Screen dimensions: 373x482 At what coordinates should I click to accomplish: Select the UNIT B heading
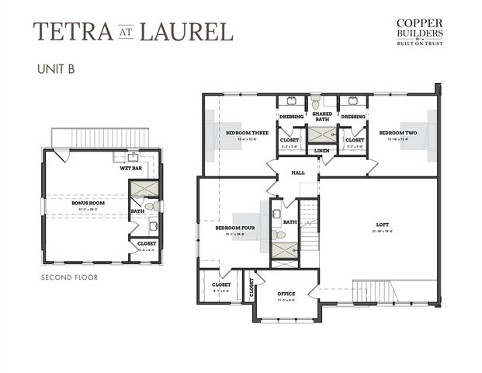coord(55,68)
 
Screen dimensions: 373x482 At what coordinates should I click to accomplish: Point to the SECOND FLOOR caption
coord(70,277)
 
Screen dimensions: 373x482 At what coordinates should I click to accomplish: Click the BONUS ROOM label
coord(88,202)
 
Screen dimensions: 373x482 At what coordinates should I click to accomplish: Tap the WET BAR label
coord(130,168)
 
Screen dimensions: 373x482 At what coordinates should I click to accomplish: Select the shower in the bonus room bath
coord(144,189)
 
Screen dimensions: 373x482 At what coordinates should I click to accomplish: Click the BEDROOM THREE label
coord(247,133)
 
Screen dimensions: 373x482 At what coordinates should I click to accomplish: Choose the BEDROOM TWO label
coord(399,133)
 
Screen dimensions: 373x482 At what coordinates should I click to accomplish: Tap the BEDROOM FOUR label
coord(240,227)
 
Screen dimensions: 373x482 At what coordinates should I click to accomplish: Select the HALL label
coord(298,173)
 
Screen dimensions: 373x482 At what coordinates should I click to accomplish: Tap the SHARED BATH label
coord(322,117)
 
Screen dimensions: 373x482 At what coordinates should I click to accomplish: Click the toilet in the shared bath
coord(315,103)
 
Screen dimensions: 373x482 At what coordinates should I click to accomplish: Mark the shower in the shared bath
coord(320,134)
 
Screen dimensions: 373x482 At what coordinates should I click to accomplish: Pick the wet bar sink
coord(133,156)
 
